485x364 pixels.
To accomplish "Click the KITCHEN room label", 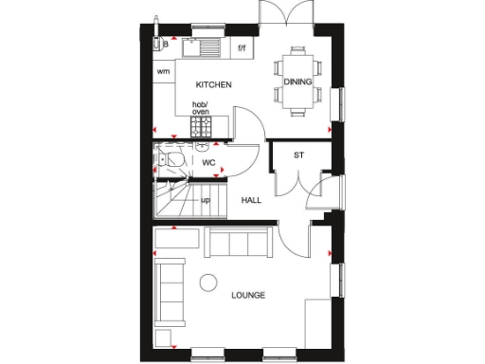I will (213, 84).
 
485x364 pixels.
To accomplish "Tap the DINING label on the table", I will (297, 82).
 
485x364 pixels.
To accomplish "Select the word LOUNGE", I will (248, 295).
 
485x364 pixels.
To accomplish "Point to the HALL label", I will (251, 200).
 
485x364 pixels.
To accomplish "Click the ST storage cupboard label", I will (298, 155).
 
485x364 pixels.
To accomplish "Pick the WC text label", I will (209, 163).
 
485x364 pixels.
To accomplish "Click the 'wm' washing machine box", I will (163, 71).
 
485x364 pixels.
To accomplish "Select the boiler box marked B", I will (165, 44).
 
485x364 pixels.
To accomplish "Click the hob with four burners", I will (202, 126).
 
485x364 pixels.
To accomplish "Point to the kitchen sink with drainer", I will (202, 45).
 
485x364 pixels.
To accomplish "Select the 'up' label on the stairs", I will (205, 200).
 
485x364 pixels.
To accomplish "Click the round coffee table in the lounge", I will (207, 281).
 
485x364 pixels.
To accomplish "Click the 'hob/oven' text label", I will (201, 108).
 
